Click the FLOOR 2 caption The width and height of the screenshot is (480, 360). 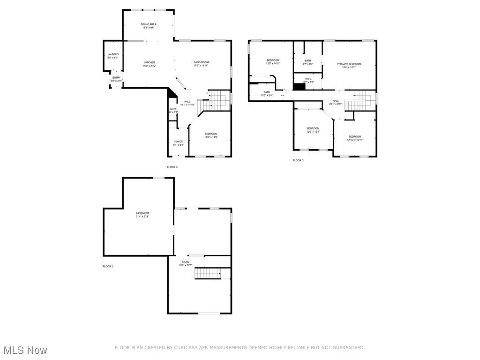(172, 167)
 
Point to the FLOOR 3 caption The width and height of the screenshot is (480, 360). (298, 160)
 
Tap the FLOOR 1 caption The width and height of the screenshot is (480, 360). (108, 266)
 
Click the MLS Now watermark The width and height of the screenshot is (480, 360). (25, 350)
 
